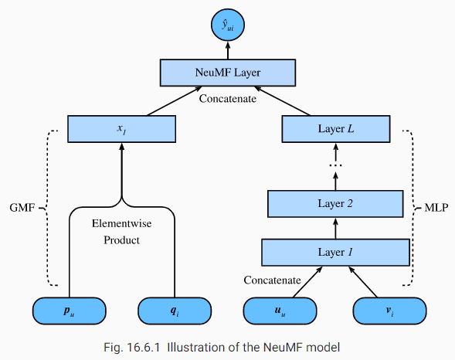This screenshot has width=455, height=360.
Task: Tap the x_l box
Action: [121, 128]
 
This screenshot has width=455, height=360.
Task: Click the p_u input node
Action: [68, 312]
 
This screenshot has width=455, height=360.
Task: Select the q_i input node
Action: [174, 312]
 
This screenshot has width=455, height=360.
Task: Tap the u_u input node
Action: [280, 312]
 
